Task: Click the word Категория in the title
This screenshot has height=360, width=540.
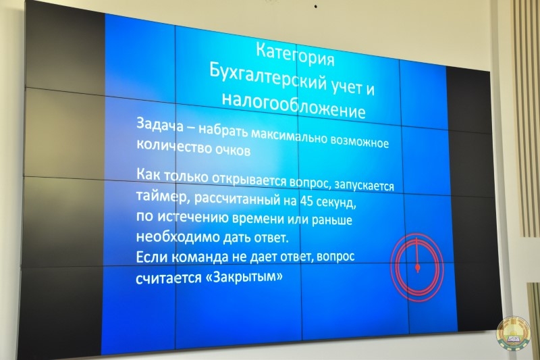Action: point(296,55)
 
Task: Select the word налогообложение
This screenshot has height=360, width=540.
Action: point(293,104)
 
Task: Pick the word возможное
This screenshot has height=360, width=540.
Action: point(359,142)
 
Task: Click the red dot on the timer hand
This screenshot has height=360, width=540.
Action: point(417,267)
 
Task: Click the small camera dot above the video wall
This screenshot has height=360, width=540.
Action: point(315,7)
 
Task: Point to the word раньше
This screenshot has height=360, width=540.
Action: point(331,220)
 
